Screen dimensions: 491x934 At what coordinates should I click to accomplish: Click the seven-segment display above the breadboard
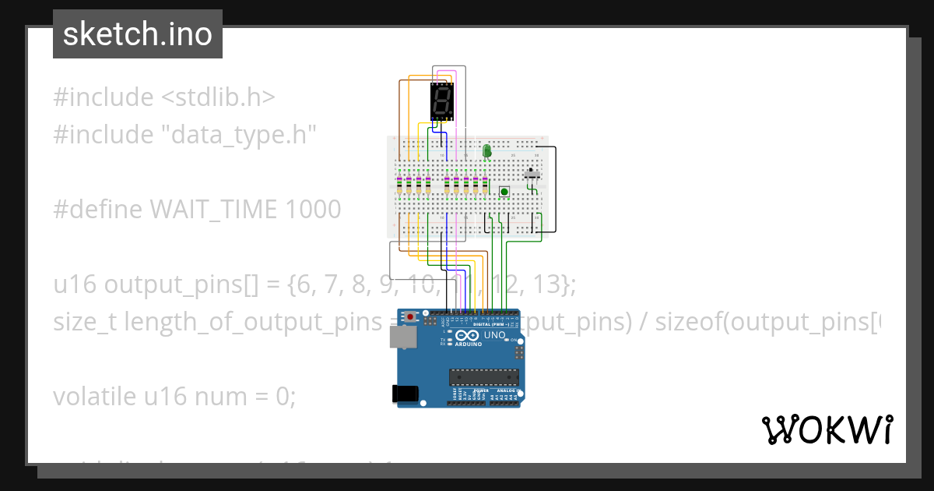coord(441,102)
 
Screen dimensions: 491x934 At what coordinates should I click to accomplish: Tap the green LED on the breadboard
coord(487,150)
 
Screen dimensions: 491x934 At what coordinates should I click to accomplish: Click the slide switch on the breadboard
coord(533,174)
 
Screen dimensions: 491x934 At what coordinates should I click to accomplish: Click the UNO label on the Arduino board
coord(495,335)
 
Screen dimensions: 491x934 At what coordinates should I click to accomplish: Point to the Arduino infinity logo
coord(473,336)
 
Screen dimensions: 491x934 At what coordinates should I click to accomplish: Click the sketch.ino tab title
coord(138,34)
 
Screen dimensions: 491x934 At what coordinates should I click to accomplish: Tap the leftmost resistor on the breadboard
coord(399,185)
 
